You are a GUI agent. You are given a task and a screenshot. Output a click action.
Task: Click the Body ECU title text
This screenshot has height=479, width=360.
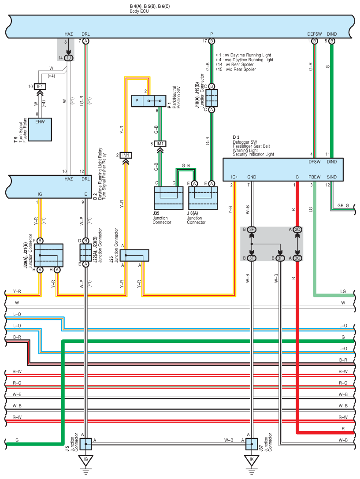[139, 11]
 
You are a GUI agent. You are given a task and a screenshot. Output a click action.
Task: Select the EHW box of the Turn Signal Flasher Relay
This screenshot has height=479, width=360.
[40, 129]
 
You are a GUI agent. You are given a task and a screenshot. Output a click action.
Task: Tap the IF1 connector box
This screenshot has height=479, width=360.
[40, 86]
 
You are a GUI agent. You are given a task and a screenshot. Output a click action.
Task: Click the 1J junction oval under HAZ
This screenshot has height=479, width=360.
[69, 58]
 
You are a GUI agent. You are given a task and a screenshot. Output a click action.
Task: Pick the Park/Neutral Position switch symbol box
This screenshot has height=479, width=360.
[148, 101]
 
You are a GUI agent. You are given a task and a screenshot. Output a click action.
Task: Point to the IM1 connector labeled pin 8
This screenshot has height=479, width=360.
[160, 144]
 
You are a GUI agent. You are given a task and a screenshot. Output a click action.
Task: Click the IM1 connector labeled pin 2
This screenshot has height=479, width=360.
[126, 156]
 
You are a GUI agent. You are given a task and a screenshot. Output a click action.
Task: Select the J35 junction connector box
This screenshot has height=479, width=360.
[168, 198]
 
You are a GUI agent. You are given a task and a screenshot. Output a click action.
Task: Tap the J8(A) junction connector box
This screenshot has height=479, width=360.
[203, 198]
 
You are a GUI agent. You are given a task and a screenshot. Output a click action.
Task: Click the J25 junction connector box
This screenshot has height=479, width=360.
[134, 256]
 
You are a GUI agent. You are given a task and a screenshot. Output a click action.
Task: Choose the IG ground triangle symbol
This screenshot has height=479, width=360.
[86, 460]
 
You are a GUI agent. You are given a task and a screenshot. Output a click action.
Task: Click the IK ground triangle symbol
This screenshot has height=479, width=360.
[252, 460]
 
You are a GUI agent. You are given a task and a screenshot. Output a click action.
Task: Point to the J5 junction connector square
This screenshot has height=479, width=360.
[86, 444]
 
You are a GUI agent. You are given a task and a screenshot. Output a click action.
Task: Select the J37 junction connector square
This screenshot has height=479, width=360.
[252, 444]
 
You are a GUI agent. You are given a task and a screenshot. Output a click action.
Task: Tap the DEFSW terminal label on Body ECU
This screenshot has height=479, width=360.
[315, 34]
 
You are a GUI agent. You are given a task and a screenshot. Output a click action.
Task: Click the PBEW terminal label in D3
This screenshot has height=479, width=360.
[315, 177]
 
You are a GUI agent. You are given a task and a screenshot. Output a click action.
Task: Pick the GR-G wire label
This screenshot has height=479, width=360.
[343, 206]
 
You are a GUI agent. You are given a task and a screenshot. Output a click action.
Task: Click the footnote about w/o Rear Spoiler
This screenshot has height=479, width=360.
[236, 69]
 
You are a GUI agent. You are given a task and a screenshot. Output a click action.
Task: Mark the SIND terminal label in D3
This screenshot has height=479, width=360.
[332, 177]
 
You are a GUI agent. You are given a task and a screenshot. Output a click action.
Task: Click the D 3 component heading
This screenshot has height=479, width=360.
[236, 137]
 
